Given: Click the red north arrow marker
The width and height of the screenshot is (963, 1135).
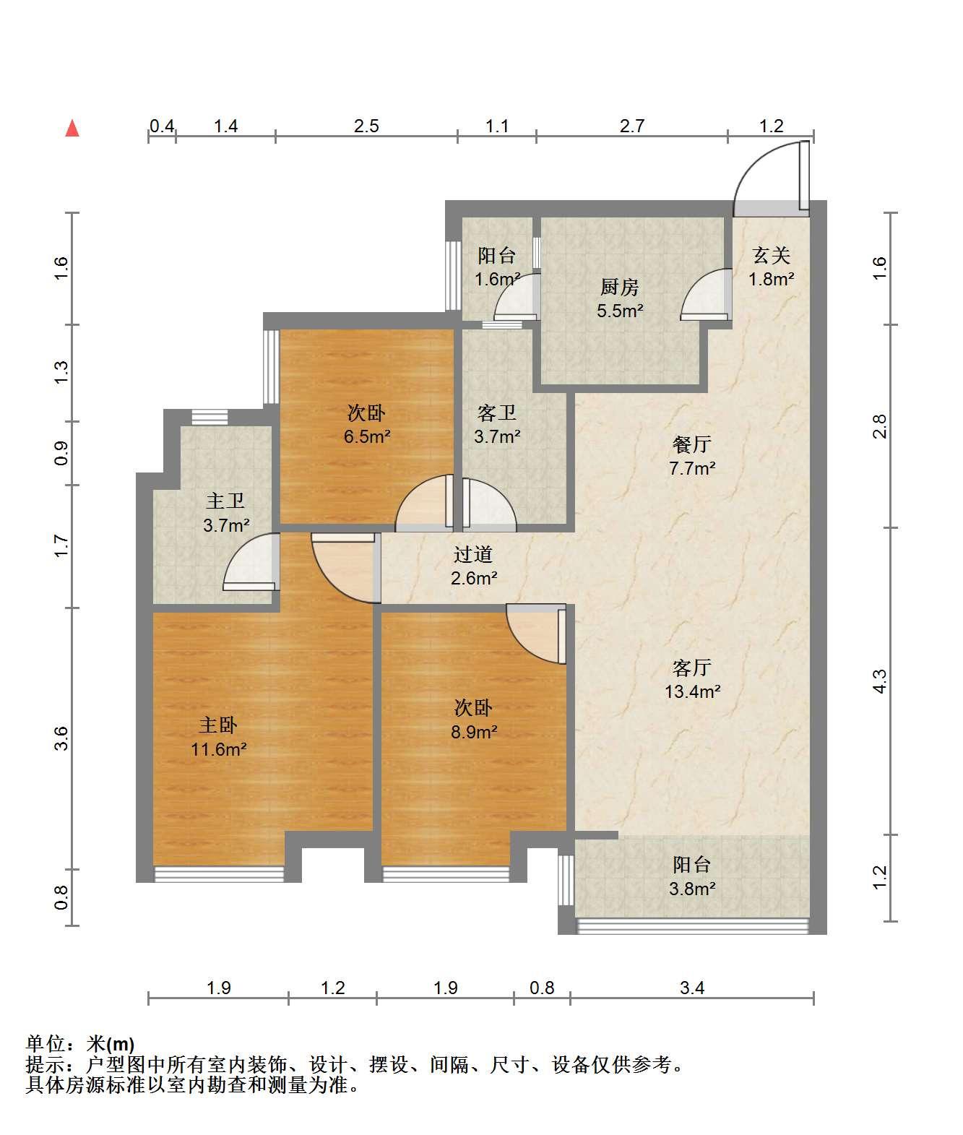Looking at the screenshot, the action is (72, 129).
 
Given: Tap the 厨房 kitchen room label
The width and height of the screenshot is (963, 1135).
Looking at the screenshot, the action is (620, 287).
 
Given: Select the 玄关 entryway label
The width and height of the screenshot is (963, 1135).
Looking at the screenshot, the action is (772, 255).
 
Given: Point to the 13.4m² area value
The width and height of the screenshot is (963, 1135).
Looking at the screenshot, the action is (692, 691).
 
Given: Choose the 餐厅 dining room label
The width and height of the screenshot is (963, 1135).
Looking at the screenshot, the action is (692, 444).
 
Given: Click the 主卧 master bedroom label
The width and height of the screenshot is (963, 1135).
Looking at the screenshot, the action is (218, 725).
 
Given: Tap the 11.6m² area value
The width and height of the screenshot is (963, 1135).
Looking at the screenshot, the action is (218, 749).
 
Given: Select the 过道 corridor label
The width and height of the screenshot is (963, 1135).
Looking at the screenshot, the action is (473, 554).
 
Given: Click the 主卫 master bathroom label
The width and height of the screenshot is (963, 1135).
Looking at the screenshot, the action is (225, 501).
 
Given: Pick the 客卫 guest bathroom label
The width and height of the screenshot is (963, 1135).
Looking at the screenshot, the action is (497, 413).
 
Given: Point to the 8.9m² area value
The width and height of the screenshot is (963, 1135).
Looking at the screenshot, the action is (475, 732).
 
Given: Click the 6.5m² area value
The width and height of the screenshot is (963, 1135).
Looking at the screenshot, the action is (367, 436).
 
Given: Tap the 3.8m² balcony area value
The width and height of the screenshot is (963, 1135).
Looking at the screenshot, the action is (692, 889).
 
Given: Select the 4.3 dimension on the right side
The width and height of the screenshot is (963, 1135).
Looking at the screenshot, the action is (879, 681).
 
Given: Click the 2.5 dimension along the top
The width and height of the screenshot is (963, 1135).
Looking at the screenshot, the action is (366, 126).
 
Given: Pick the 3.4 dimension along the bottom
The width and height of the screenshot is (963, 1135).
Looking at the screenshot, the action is (692, 988).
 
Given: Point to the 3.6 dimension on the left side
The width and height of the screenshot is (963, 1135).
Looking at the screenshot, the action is (61, 738).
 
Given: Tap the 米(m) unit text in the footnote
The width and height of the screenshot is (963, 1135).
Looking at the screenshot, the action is (111, 1044).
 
